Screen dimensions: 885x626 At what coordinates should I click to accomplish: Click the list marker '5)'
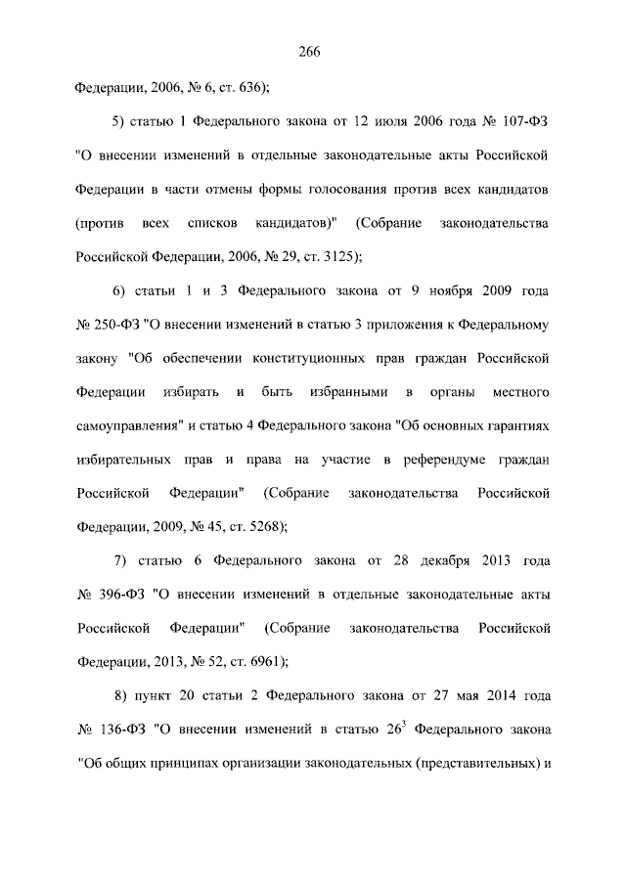[120, 121]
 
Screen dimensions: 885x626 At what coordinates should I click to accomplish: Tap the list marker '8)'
[120, 696]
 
